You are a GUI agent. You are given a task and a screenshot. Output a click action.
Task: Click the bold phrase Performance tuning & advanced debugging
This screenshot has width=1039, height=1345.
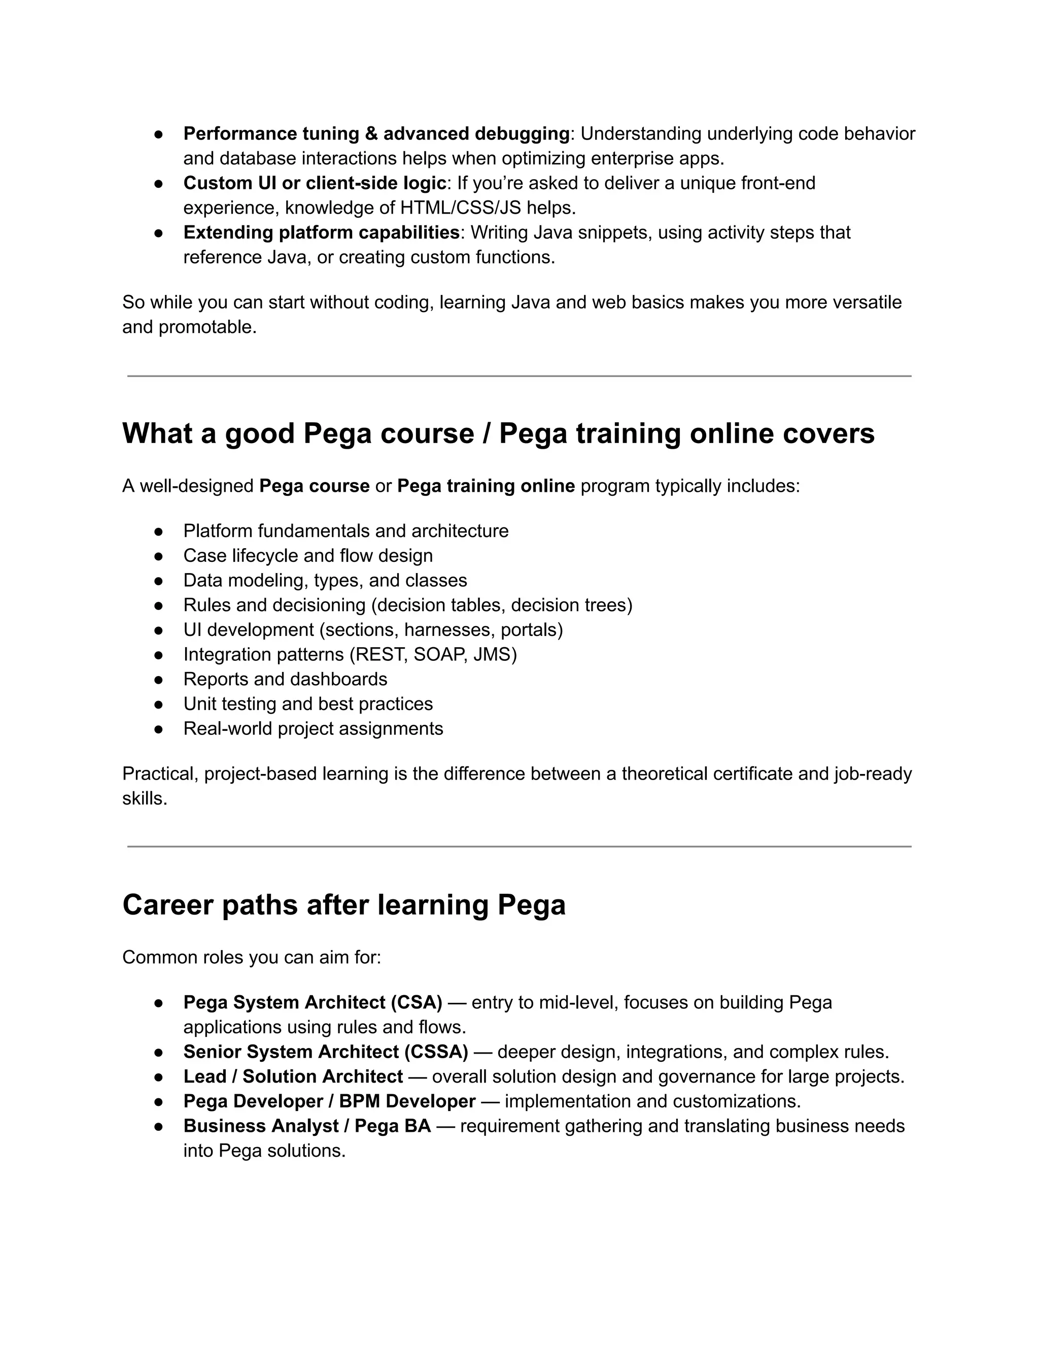click(x=376, y=133)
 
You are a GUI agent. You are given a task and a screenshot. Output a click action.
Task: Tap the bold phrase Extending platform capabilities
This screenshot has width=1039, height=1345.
click(x=321, y=233)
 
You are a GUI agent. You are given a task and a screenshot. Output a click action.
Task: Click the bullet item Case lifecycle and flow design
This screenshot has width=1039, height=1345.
click(x=308, y=555)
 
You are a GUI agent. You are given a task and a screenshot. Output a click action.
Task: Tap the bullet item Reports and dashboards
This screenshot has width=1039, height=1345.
click(x=285, y=679)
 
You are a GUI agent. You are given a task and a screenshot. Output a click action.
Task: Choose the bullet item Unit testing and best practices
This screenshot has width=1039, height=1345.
click(x=308, y=704)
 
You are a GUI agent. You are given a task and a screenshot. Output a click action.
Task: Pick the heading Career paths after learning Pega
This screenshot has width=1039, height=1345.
click(x=343, y=904)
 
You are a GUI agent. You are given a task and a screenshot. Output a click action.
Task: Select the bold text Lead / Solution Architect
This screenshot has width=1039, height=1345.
click(x=293, y=1077)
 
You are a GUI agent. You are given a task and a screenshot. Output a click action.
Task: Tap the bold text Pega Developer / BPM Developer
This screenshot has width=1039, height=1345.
click(x=329, y=1101)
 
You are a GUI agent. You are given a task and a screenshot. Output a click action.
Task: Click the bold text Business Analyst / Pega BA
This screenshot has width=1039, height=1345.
click(x=307, y=1126)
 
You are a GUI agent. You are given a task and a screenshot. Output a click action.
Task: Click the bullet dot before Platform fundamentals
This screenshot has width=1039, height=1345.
click(x=158, y=531)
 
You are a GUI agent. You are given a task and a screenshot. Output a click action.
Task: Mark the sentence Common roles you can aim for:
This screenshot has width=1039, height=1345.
click(x=252, y=958)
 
